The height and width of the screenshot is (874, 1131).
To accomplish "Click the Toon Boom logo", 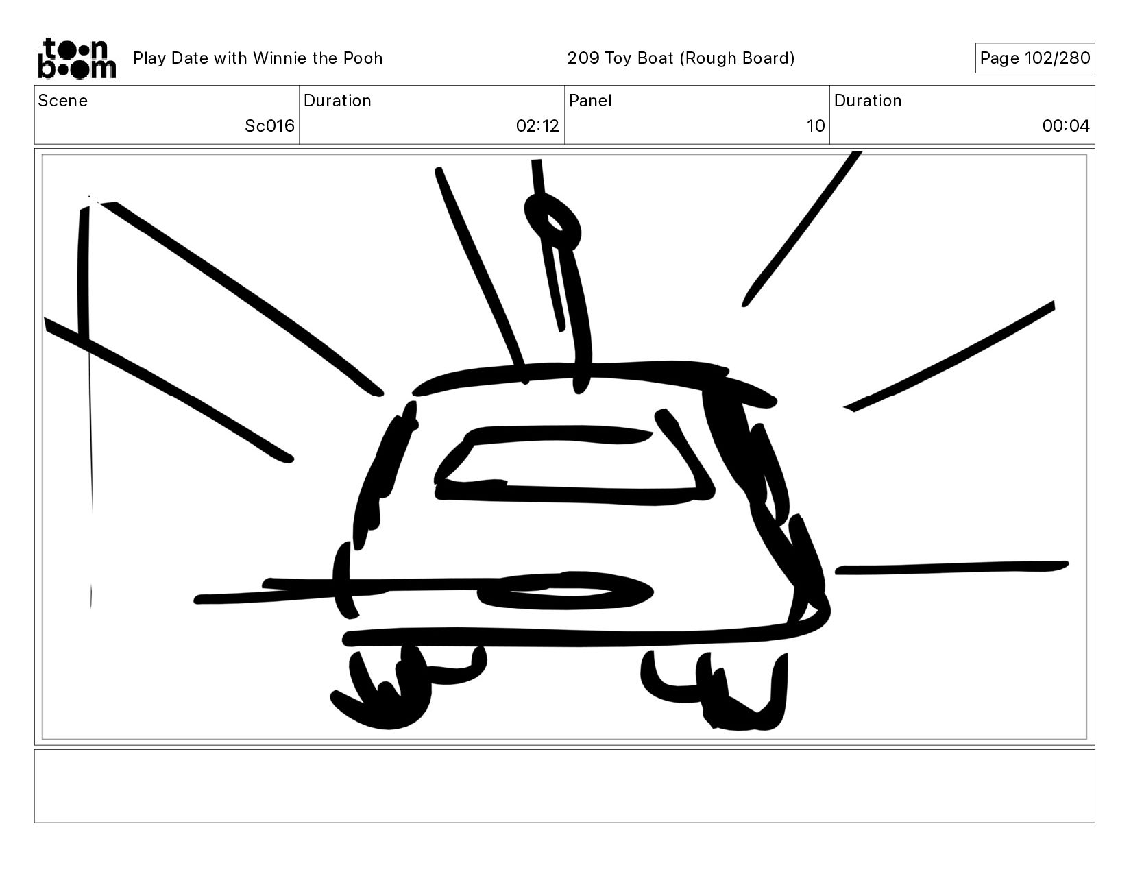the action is click(x=77, y=58).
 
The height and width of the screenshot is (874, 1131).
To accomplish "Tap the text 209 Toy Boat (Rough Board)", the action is click(x=681, y=58).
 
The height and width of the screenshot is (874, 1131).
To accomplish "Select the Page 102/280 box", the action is click(x=1035, y=58).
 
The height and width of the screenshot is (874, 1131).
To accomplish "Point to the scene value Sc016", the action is click(x=269, y=125).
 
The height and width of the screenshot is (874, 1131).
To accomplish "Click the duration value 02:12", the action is click(x=537, y=125).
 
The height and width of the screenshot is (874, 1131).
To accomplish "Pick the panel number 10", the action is click(x=816, y=125).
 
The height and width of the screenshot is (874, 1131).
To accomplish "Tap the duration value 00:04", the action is click(x=1066, y=125).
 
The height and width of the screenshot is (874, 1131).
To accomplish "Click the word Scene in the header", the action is click(x=63, y=101).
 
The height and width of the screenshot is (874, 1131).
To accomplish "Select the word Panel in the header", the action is click(x=590, y=101).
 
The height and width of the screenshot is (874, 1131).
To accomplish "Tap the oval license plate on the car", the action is click(x=565, y=591).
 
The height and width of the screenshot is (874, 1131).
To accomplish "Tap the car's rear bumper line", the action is click(x=583, y=638).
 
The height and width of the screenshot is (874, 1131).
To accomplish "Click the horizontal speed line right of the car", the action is click(x=952, y=568).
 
